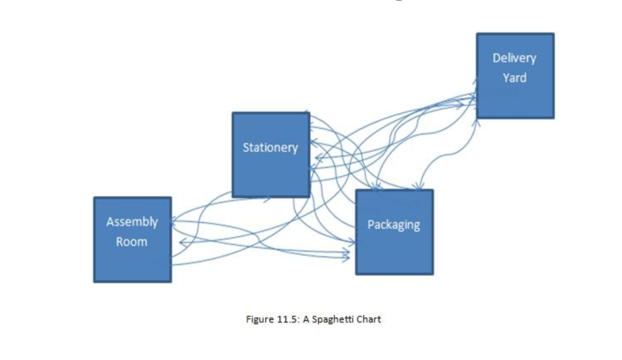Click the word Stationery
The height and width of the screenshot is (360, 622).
(270, 148)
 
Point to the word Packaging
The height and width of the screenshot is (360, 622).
(394, 225)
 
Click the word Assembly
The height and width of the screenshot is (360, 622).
(132, 222)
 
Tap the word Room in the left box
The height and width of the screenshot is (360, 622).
(131, 242)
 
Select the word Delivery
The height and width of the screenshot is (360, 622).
(514, 58)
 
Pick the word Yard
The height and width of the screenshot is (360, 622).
(514, 78)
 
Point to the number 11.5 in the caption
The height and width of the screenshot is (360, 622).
(284, 319)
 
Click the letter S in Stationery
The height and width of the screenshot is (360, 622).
(246, 148)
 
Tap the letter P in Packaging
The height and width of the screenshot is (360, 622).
(371, 225)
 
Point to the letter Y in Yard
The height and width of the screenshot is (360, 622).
(506, 78)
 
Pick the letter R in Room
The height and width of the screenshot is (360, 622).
(119, 242)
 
